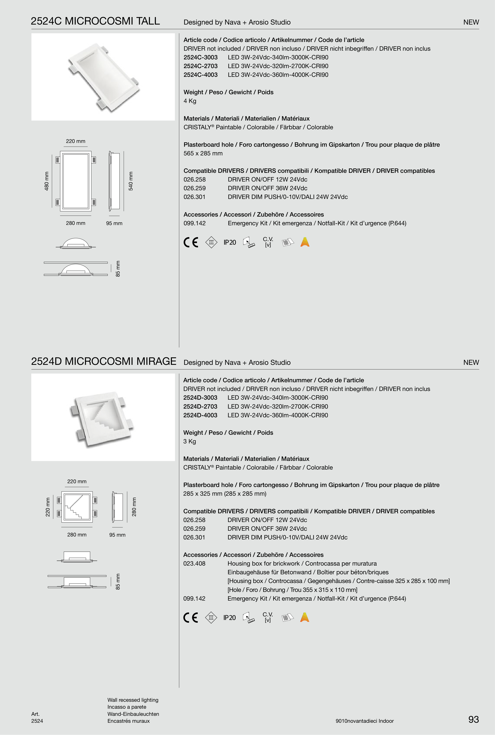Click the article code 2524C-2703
tap(200, 66)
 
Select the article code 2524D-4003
tap(200, 415)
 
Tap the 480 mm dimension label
tap(47, 181)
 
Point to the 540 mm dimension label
tap(131, 181)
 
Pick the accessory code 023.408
tap(194, 564)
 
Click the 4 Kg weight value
tap(190, 101)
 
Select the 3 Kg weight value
tap(189, 441)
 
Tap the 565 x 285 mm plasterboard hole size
tap(203, 153)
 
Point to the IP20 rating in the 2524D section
tap(229, 618)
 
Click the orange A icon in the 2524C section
tap(305, 242)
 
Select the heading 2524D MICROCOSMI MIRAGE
tap(104, 361)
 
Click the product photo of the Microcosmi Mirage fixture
tap(103, 417)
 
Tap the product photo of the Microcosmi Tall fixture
tap(103, 77)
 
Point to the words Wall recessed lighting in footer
tap(133, 700)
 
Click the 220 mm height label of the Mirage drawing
tap(48, 507)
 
